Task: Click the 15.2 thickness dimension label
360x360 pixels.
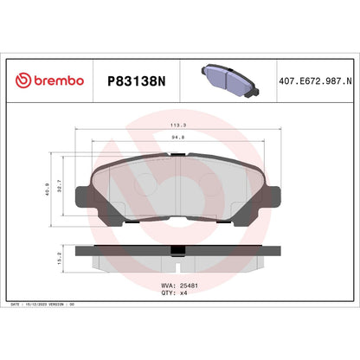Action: point(60,255)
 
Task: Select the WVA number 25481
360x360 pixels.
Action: point(193,285)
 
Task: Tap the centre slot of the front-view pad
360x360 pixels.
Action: point(177,177)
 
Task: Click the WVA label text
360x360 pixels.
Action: point(169,285)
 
